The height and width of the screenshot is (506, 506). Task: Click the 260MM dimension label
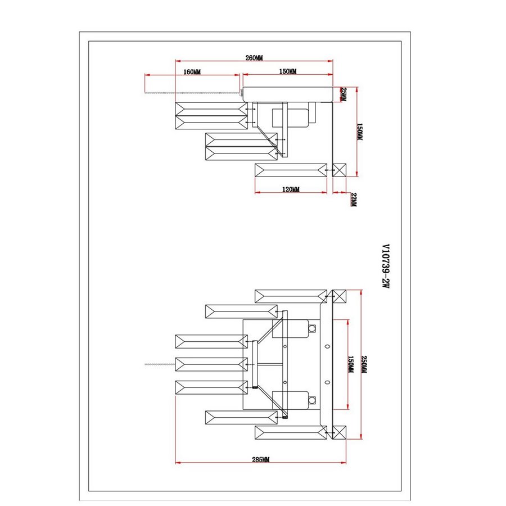[254, 57]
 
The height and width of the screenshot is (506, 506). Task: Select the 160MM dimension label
[192, 72]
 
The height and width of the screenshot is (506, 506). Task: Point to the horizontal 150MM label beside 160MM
[287, 71]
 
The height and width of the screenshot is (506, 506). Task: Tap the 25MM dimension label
[344, 94]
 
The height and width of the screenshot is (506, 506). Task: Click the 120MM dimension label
[291, 189]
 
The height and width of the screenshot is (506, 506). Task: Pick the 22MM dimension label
[353, 200]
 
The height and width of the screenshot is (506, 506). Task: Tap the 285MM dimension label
[260, 459]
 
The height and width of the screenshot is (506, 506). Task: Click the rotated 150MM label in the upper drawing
[360, 132]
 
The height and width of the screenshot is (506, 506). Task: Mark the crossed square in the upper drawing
[339, 170]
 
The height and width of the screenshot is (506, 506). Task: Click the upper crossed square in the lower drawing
[339, 297]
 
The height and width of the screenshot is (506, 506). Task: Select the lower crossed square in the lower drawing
[339, 432]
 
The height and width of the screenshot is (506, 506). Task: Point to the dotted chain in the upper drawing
[191, 91]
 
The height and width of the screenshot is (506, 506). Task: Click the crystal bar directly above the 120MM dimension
[291, 170]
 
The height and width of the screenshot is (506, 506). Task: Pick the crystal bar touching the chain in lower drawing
[211, 364]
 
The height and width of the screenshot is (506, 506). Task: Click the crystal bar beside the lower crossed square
[291, 432]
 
